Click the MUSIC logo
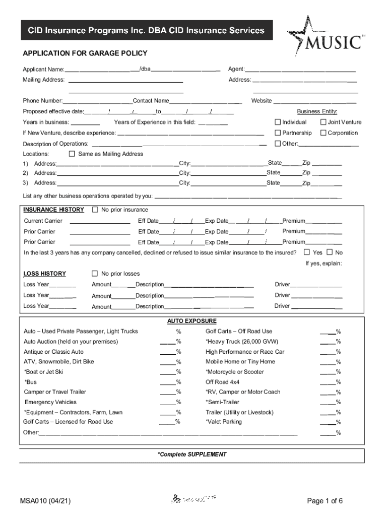click(x=325, y=40)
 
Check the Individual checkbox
click(x=277, y=122)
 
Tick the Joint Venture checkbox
click(x=323, y=122)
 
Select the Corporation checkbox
click(x=323, y=133)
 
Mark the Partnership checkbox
click(x=277, y=133)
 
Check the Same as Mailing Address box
click(x=72, y=154)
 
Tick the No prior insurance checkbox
click(x=95, y=210)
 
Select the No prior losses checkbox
click(x=95, y=274)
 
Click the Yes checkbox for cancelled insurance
click(x=306, y=252)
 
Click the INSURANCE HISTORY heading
click(x=54, y=210)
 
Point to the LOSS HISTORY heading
click(x=45, y=274)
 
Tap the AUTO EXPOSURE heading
click(x=192, y=321)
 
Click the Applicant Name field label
click(x=43, y=69)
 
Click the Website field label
click(x=262, y=101)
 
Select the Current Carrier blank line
click(x=99, y=221)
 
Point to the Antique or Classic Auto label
click(x=54, y=352)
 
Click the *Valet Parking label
click(x=224, y=422)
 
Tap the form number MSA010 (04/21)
click(x=45, y=500)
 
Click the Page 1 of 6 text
click(x=325, y=500)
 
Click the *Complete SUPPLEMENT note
click(x=192, y=454)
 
